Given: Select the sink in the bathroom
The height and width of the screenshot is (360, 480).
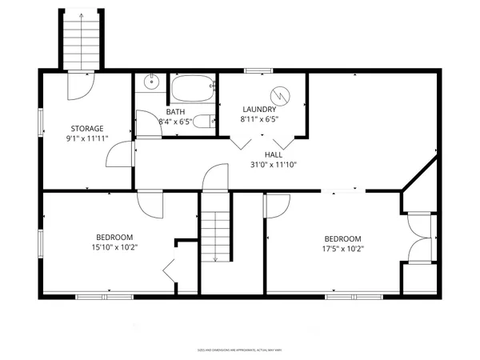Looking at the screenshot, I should [151, 82].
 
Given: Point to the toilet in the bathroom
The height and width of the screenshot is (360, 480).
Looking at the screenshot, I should [205, 122].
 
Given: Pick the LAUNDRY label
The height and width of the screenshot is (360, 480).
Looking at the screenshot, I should [260, 109].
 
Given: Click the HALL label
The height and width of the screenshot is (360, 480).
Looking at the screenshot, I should [274, 154].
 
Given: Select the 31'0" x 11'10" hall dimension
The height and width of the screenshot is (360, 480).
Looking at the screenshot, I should [274, 166].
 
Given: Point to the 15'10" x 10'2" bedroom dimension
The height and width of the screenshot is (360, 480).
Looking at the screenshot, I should [114, 247].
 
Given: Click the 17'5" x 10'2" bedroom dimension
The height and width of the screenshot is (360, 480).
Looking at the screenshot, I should [342, 249].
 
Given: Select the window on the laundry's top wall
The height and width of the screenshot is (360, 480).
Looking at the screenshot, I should [255, 71].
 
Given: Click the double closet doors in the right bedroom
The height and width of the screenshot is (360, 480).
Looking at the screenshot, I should [419, 238].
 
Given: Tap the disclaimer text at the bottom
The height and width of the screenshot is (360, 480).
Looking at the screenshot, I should [240, 350].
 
